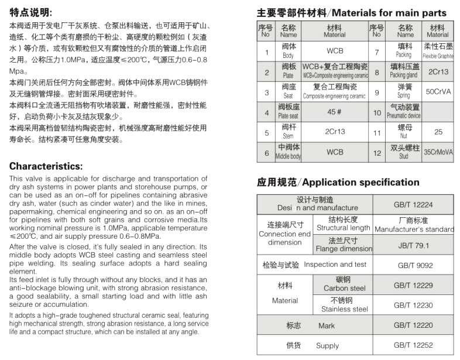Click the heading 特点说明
tap(30, 12)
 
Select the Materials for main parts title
tap(352, 12)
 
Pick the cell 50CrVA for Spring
tap(438, 92)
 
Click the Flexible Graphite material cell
tap(438, 52)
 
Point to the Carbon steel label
tap(345, 284)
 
